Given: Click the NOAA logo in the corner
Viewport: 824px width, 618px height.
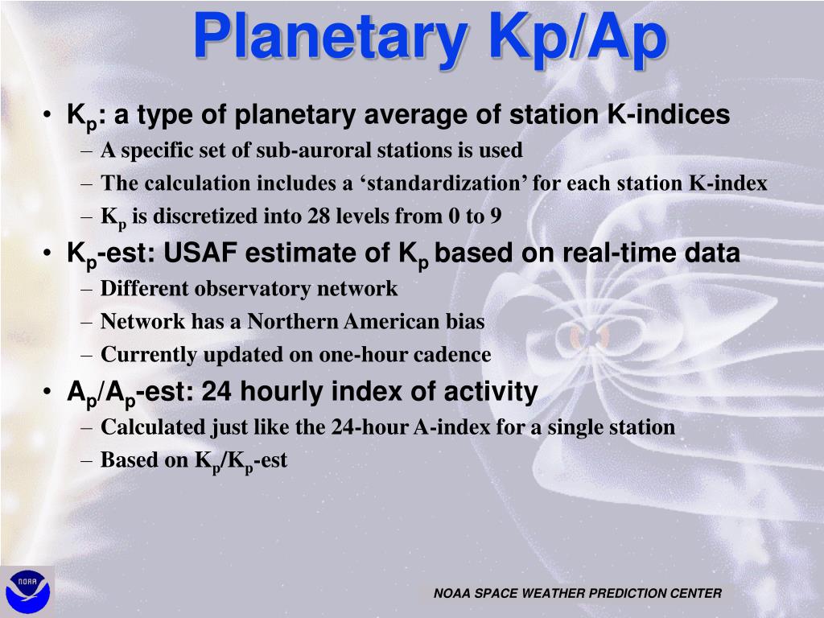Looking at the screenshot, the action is click(x=27, y=591).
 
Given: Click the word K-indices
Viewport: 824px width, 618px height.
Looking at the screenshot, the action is click(x=669, y=114).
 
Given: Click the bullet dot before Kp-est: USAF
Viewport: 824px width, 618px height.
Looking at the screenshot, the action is click(x=47, y=253).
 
